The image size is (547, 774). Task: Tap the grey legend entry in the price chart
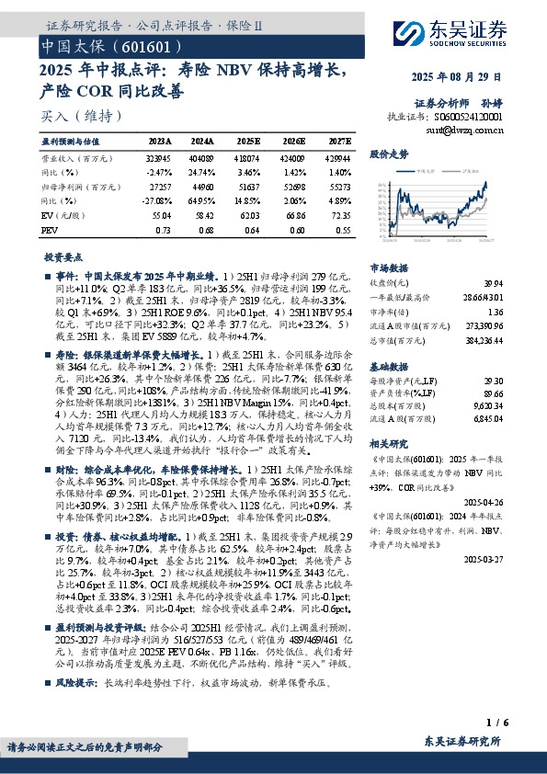point(456,170)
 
